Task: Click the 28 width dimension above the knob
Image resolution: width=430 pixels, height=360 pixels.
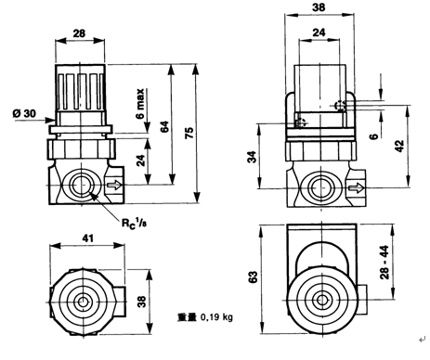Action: [80, 33]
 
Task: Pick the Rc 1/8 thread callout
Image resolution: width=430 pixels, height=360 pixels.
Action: [134, 225]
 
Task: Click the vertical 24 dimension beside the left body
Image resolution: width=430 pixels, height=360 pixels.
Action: [140, 159]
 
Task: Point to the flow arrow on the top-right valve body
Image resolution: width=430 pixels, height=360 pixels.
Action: [356, 188]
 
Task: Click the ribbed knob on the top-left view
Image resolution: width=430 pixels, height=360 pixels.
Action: [81, 84]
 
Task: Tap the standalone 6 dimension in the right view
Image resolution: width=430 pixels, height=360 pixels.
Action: [374, 137]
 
